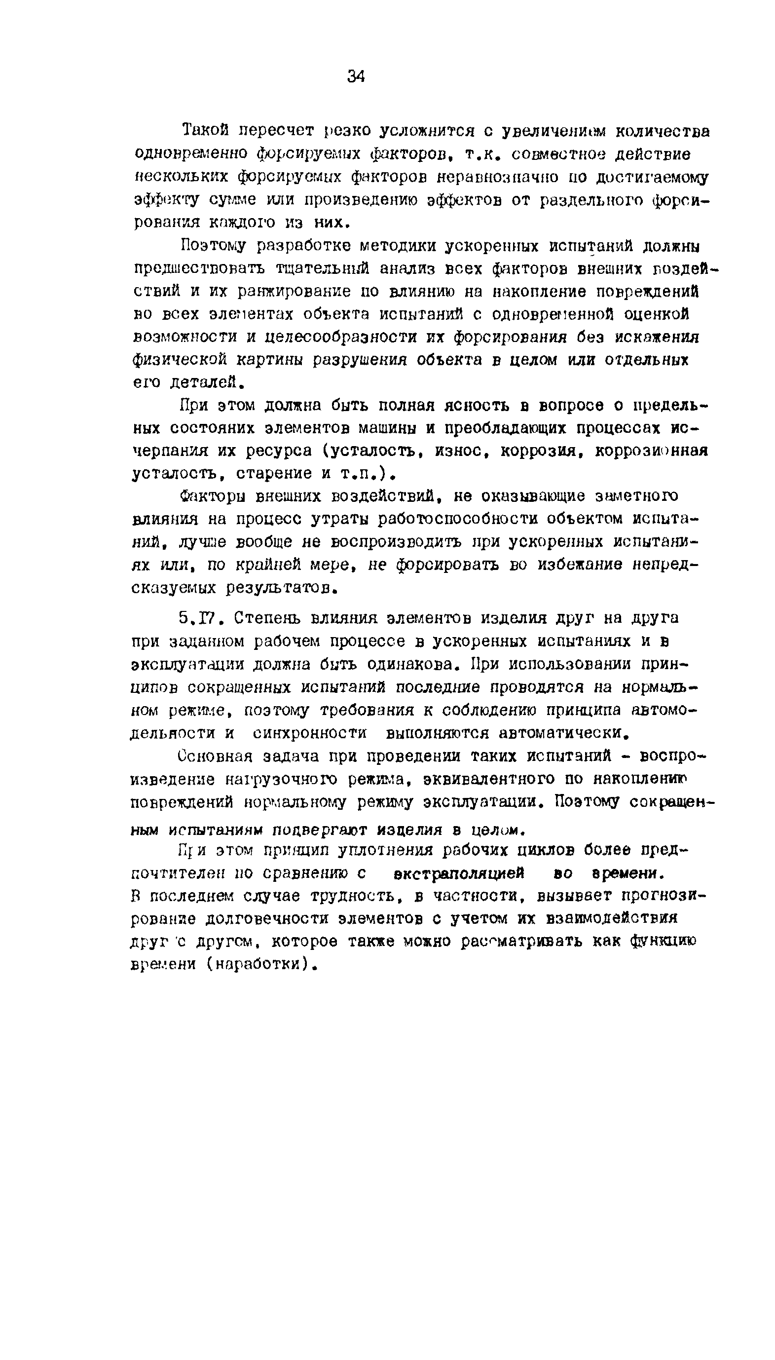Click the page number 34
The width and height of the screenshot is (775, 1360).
tap(356, 76)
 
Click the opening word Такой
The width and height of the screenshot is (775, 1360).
tap(205, 130)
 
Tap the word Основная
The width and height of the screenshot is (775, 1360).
tap(214, 756)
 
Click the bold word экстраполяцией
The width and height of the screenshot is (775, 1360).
tap(459, 874)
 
